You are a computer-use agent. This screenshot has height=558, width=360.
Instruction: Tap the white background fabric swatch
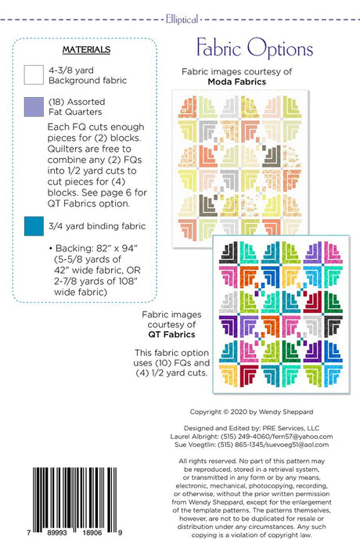coord(34,75)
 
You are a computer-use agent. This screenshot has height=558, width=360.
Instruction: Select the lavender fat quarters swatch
coord(34,106)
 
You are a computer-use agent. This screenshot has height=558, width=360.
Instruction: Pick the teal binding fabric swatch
coord(34,227)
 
